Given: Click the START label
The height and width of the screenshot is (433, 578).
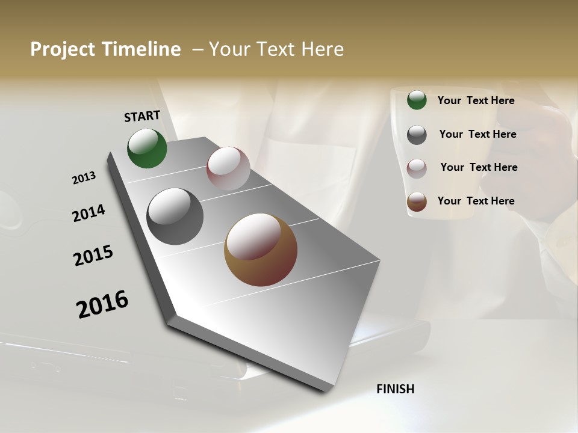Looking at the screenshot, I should tap(142, 116).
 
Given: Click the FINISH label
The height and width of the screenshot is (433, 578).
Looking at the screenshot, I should tap(395, 389).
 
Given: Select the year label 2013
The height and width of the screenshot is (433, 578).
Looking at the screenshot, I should tap(84, 178).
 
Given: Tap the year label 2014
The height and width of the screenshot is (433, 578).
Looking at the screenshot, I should tap(89, 213).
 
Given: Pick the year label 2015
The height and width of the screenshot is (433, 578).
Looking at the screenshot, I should tap(93, 256).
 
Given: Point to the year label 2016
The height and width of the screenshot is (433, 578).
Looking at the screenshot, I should tap(102, 304).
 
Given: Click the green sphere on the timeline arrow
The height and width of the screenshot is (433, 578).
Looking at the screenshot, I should tap(147, 148).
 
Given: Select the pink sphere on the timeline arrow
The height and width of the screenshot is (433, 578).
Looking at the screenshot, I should tap(228, 168).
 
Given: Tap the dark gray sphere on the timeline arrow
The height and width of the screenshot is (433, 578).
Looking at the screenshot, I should tap(175, 216).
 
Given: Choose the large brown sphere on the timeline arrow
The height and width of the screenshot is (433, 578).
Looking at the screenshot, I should tap(260, 250).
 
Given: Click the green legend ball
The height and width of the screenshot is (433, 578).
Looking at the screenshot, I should tap(417, 100).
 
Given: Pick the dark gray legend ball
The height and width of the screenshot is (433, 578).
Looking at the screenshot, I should tap(417, 135).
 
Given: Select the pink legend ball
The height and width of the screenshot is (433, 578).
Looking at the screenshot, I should tap(417, 168).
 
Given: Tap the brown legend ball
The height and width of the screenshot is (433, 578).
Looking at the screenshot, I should tap(417, 202).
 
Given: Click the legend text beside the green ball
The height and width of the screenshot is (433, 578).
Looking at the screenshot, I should tap(476, 100).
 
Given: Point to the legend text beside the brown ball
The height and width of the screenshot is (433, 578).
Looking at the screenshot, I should tap(476, 201).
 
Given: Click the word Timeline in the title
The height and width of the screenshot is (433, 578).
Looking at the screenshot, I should tap(142, 49).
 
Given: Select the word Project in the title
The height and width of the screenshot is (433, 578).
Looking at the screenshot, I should tap(63, 49).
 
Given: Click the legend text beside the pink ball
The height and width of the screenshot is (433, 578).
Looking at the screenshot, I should tap(479, 167).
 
